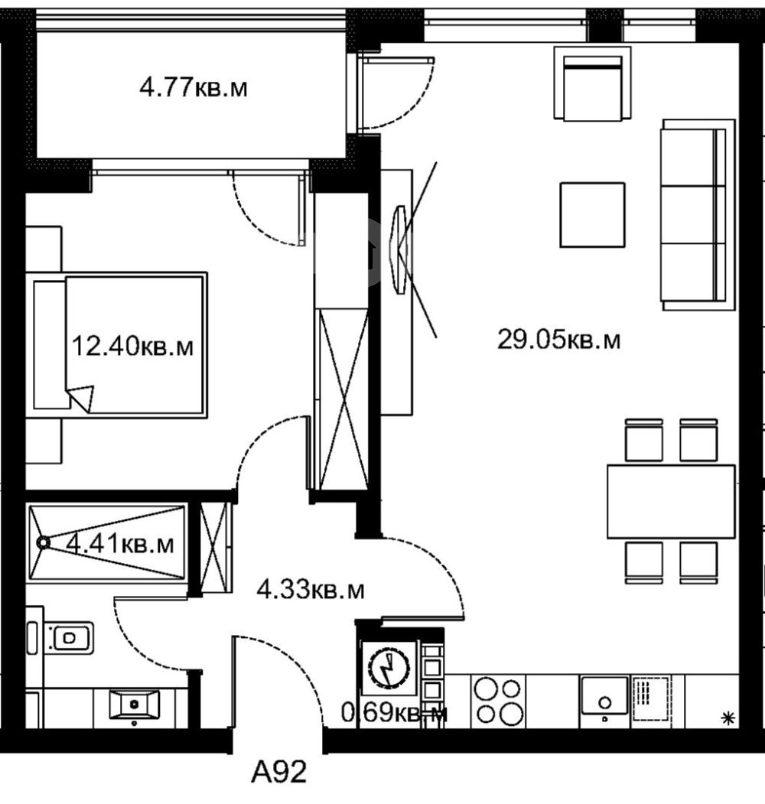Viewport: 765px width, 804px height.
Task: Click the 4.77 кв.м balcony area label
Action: click(x=194, y=88)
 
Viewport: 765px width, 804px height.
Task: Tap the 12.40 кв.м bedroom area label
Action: click(x=132, y=346)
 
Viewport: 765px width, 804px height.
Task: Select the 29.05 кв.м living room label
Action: click(x=559, y=339)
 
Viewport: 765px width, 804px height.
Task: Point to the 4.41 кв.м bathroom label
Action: click(x=121, y=543)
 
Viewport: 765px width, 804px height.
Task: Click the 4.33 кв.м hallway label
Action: click(x=311, y=590)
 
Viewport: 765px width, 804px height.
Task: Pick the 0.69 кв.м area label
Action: click(x=394, y=713)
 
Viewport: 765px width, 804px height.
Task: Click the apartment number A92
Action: click(x=279, y=772)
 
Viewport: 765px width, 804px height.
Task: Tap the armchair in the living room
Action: click(x=592, y=83)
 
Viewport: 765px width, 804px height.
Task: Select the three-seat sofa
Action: click(x=699, y=215)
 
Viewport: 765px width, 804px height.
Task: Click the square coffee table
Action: click(x=593, y=215)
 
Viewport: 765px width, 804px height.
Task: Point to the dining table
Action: click(x=671, y=502)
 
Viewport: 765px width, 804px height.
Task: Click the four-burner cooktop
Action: click(x=498, y=701)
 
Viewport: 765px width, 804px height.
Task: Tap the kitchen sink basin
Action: click(x=604, y=695)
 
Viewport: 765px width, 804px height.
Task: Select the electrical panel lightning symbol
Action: click(x=389, y=669)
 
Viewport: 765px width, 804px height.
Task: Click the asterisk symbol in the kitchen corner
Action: click(x=728, y=718)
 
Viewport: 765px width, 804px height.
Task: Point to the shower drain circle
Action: click(x=43, y=542)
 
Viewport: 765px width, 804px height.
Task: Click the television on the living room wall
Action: click(x=400, y=249)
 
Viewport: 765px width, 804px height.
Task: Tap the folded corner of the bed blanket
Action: click(x=81, y=398)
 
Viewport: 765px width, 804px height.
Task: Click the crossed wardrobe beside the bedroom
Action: click(x=343, y=399)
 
